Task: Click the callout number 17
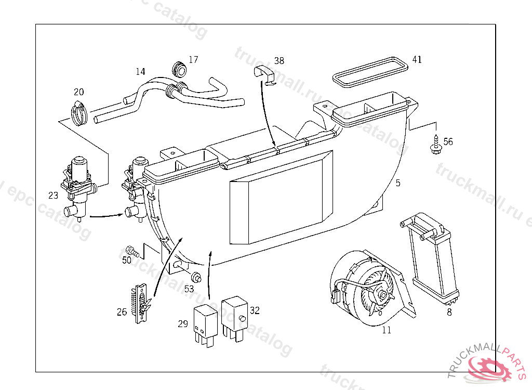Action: (193, 60)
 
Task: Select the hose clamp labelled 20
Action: (79, 113)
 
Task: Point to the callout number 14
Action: (140, 71)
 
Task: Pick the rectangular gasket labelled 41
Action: (369, 71)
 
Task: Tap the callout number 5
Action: (398, 183)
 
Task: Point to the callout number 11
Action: (387, 330)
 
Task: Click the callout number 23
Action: (54, 196)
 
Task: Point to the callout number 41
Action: (417, 59)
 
